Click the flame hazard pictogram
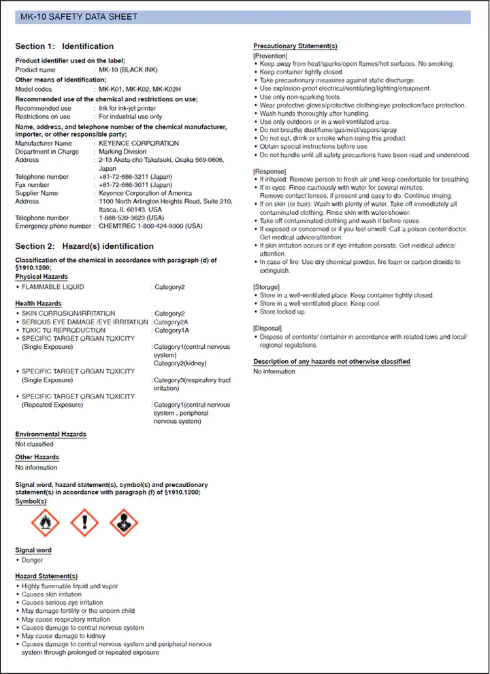pos(46,523)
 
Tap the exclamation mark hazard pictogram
pos(84,523)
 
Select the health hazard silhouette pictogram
pos(123,523)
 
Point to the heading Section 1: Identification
pos(65,46)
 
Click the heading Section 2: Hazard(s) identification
pos(84,246)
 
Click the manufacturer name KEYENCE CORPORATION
pos(139,144)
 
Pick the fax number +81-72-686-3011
pos(135,185)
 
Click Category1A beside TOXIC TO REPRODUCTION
pos(171,330)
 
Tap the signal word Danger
pos(32,560)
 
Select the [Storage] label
pos(267,287)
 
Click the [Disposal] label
pos(268,328)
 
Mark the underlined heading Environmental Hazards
pos(51,434)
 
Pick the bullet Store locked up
pos(282,311)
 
